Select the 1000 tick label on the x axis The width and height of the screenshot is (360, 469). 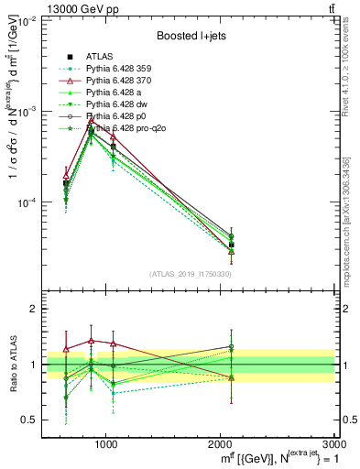tap(105, 444)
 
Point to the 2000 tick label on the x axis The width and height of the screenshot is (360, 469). tap(219, 444)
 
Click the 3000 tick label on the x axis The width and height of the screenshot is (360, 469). tap(333, 444)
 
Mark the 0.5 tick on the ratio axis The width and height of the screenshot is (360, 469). tap(31, 420)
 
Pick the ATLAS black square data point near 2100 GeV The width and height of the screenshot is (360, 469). tap(232, 245)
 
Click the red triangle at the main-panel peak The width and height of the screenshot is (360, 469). tap(91, 121)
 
